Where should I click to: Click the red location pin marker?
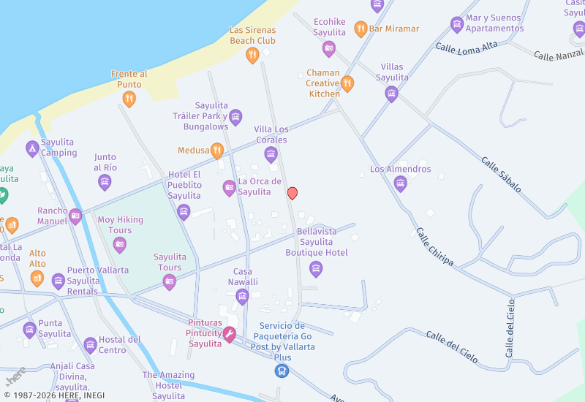(x=292, y=193)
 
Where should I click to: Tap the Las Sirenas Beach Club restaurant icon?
(x=252, y=55)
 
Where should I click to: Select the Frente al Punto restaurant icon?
(x=129, y=99)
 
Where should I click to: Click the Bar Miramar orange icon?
(x=361, y=29)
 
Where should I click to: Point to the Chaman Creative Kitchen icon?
(x=347, y=83)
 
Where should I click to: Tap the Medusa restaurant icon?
(x=217, y=151)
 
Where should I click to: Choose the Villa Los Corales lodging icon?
(x=271, y=154)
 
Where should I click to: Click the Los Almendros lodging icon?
(x=400, y=183)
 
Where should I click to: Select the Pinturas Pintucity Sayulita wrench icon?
(x=230, y=335)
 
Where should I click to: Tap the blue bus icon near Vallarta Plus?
(x=282, y=371)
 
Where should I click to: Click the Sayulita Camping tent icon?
(x=32, y=148)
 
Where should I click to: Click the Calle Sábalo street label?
(x=501, y=175)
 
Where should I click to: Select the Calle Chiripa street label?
(x=435, y=247)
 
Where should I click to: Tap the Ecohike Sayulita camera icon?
(x=329, y=49)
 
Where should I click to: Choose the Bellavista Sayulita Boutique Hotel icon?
(x=316, y=269)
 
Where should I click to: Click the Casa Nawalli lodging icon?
(x=242, y=296)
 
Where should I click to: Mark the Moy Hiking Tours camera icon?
(x=120, y=245)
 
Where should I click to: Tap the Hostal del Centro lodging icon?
(x=90, y=345)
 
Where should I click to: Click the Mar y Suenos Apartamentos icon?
(x=457, y=25)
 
